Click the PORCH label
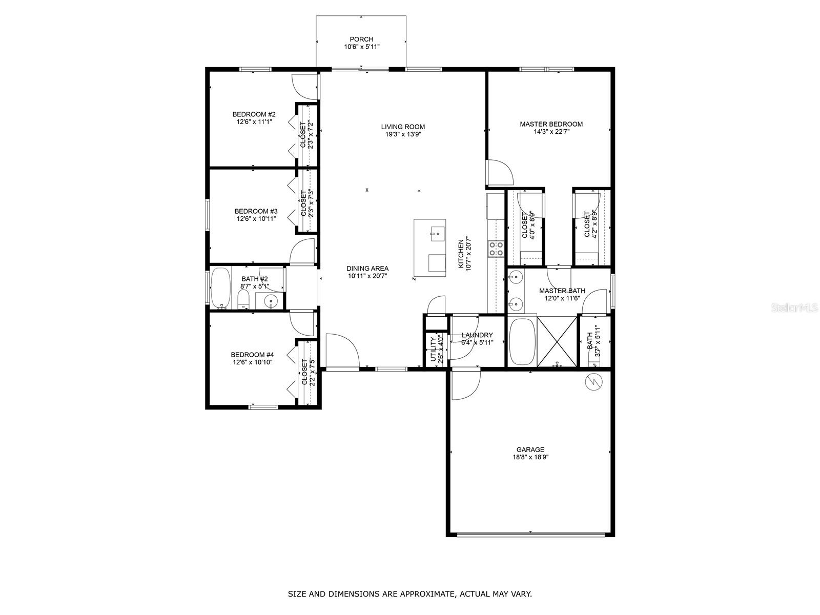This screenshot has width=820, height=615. [x=361, y=39]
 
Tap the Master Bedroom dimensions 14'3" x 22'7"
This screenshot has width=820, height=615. [x=551, y=132]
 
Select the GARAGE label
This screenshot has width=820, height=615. [x=530, y=449]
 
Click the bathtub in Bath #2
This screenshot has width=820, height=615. [x=221, y=288]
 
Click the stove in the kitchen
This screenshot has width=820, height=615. [x=496, y=249]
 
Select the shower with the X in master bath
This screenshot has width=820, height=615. [x=557, y=341]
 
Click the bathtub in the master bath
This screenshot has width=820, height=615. [x=522, y=341]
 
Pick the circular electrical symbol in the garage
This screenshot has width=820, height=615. [x=593, y=381]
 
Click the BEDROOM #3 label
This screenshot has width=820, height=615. [x=256, y=211]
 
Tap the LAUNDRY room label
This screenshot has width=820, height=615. [x=477, y=335]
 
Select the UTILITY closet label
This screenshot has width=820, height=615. [x=434, y=350]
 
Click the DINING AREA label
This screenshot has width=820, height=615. [x=367, y=268]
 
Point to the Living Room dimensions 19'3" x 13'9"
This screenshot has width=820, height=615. [x=403, y=135]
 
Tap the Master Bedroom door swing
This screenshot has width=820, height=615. [x=500, y=173]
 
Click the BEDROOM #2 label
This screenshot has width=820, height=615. [x=254, y=114]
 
